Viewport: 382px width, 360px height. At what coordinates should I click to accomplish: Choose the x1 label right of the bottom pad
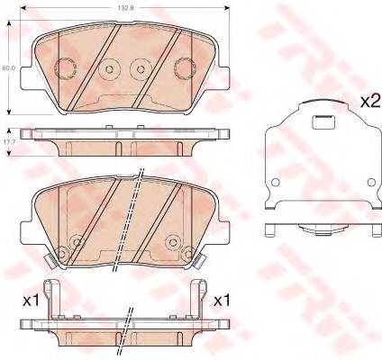click(222, 301)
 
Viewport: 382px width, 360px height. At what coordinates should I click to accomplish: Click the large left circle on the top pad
click(66, 68)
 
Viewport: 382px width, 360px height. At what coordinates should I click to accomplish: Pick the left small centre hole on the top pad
click(110, 69)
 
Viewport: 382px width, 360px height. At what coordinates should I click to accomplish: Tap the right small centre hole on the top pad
click(141, 69)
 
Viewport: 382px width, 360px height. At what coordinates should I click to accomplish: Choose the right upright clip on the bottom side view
click(197, 295)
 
